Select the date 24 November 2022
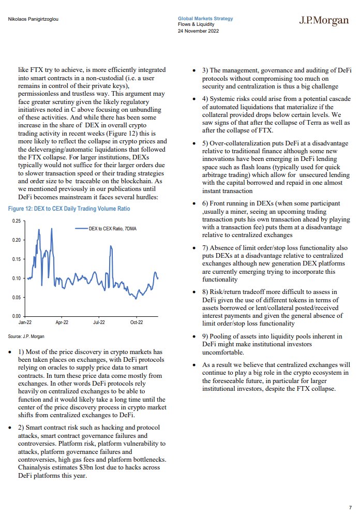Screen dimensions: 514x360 (198, 30)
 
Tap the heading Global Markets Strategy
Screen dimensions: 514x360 (205, 19)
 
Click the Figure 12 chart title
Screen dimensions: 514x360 (69, 209)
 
